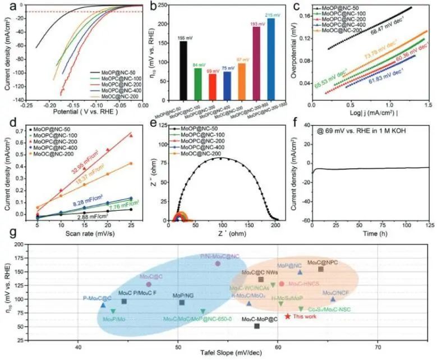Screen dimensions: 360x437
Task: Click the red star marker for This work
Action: tap(288, 317)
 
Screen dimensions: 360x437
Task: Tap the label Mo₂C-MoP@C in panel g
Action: tap(259, 319)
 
